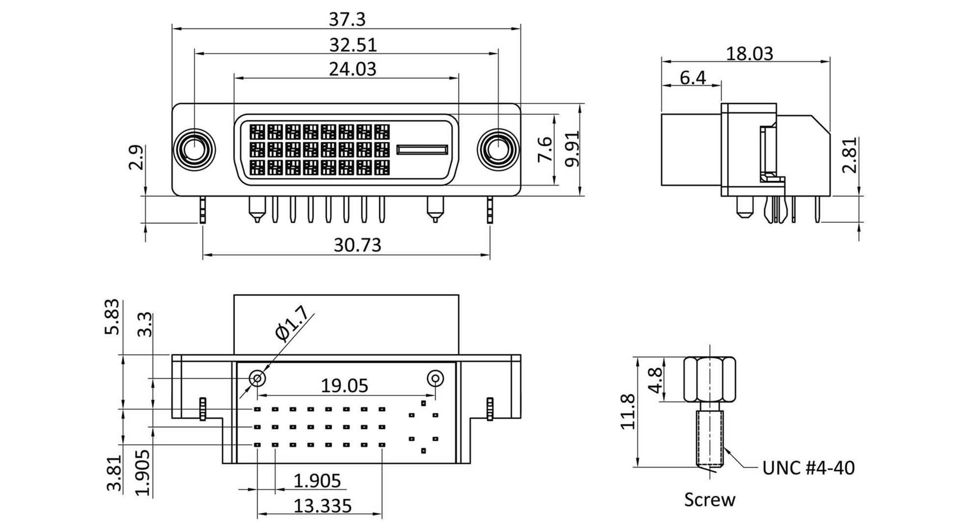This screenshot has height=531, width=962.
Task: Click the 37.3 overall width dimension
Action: [347, 20]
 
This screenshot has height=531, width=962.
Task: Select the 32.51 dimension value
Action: [353, 45]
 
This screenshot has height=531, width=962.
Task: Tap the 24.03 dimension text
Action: [352, 69]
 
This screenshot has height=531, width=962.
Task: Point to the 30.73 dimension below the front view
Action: [357, 245]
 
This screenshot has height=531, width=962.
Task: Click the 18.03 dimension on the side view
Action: [749, 53]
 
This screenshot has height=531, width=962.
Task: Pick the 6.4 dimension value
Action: [693, 78]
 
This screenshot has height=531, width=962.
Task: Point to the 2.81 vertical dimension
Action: [850, 155]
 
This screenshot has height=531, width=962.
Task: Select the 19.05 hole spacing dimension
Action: [344, 386]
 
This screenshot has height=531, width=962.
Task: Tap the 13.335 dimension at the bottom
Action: [322, 505]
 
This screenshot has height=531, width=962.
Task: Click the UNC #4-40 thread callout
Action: [808, 468]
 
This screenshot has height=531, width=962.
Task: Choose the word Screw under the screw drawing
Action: [709, 500]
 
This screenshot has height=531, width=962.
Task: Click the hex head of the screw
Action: [709, 379]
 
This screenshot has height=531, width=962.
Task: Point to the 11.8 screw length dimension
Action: [628, 411]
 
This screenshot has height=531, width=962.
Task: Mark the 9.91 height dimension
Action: [572, 149]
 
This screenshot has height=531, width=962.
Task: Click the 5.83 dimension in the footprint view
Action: [112, 317]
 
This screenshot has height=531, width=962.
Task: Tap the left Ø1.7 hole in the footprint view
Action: [257, 378]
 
